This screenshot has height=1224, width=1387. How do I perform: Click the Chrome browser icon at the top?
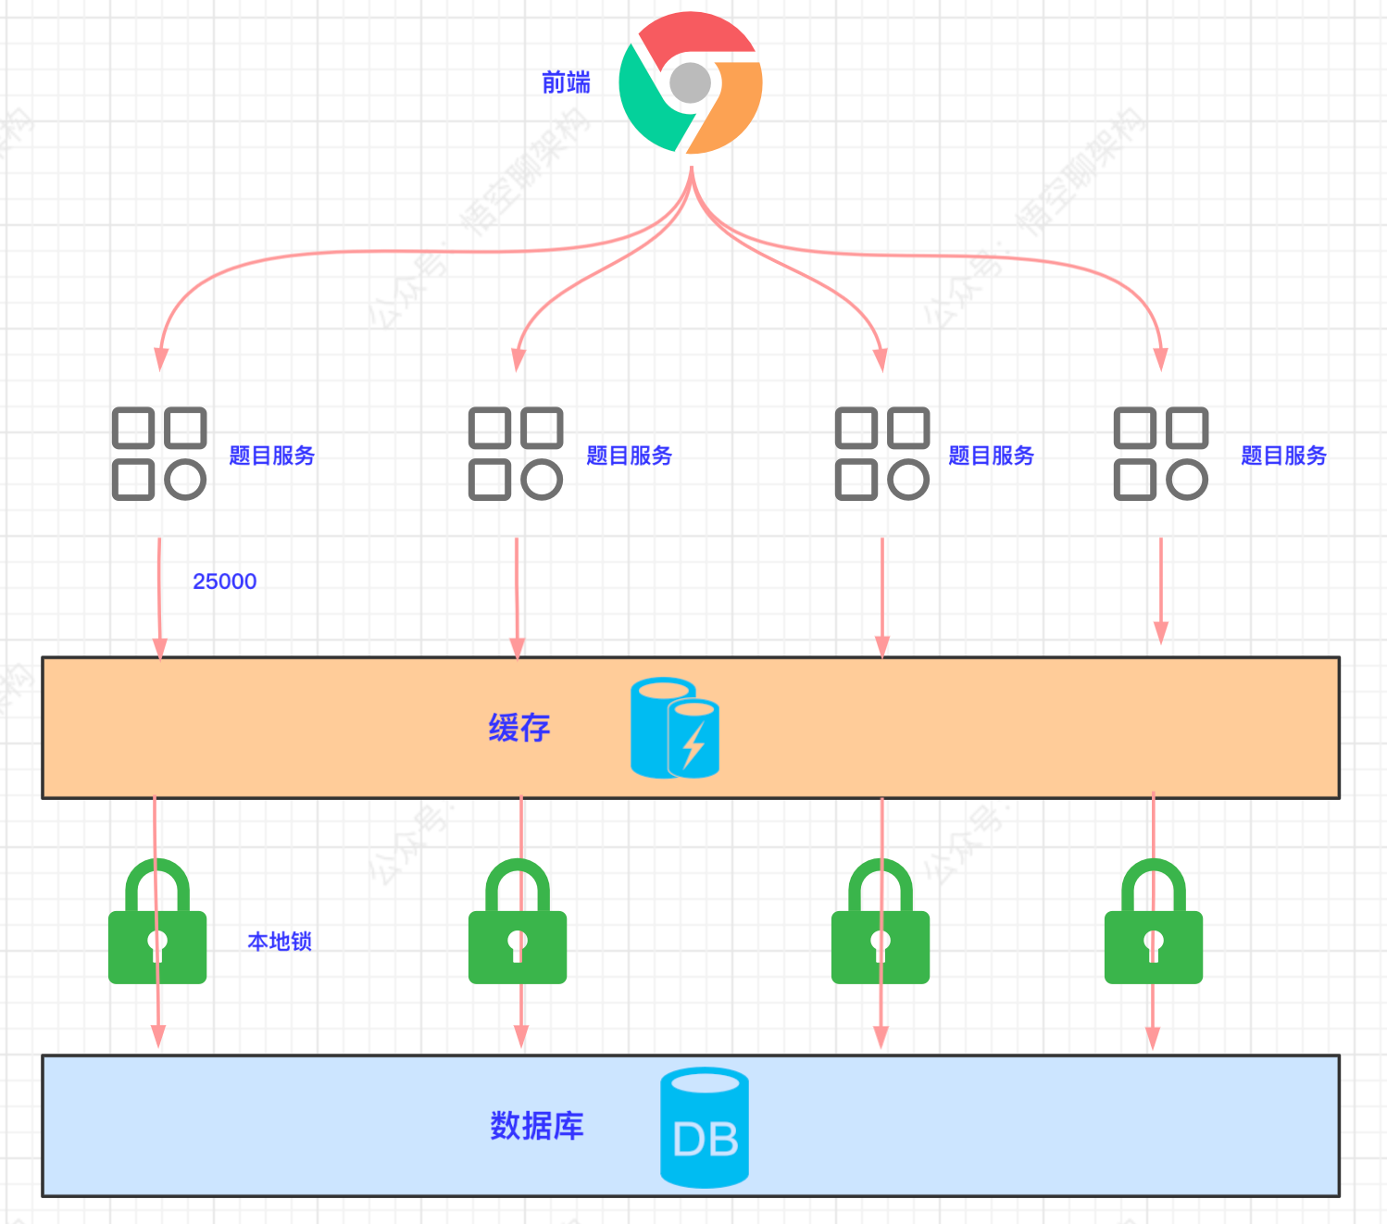pos(690,83)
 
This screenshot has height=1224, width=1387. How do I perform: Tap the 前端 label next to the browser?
pos(566,83)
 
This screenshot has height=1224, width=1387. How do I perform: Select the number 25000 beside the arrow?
pos(224,581)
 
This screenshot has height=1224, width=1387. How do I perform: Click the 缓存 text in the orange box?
pos(519,728)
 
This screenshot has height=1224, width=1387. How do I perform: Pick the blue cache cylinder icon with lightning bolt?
pos(675,728)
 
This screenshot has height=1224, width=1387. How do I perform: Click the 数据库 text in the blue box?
pos(537,1126)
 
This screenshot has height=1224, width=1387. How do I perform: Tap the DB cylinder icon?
pos(705,1128)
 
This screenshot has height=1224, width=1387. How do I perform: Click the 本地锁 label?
pos(280,942)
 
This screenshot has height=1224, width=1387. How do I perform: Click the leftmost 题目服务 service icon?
pos(159,454)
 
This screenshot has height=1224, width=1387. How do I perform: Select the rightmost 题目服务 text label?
pos(1283,456)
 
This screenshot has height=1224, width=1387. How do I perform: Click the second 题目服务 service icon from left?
pos(516,454)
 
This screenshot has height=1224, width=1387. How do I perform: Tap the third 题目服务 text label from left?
pos(991,456)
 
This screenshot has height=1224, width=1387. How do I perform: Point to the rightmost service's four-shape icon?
pos(1161,454)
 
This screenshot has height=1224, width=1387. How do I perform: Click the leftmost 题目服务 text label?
pos(271,456)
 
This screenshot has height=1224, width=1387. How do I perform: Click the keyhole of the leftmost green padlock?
pos(157,944)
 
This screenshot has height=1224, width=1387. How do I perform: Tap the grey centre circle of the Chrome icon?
pos(690,83)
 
